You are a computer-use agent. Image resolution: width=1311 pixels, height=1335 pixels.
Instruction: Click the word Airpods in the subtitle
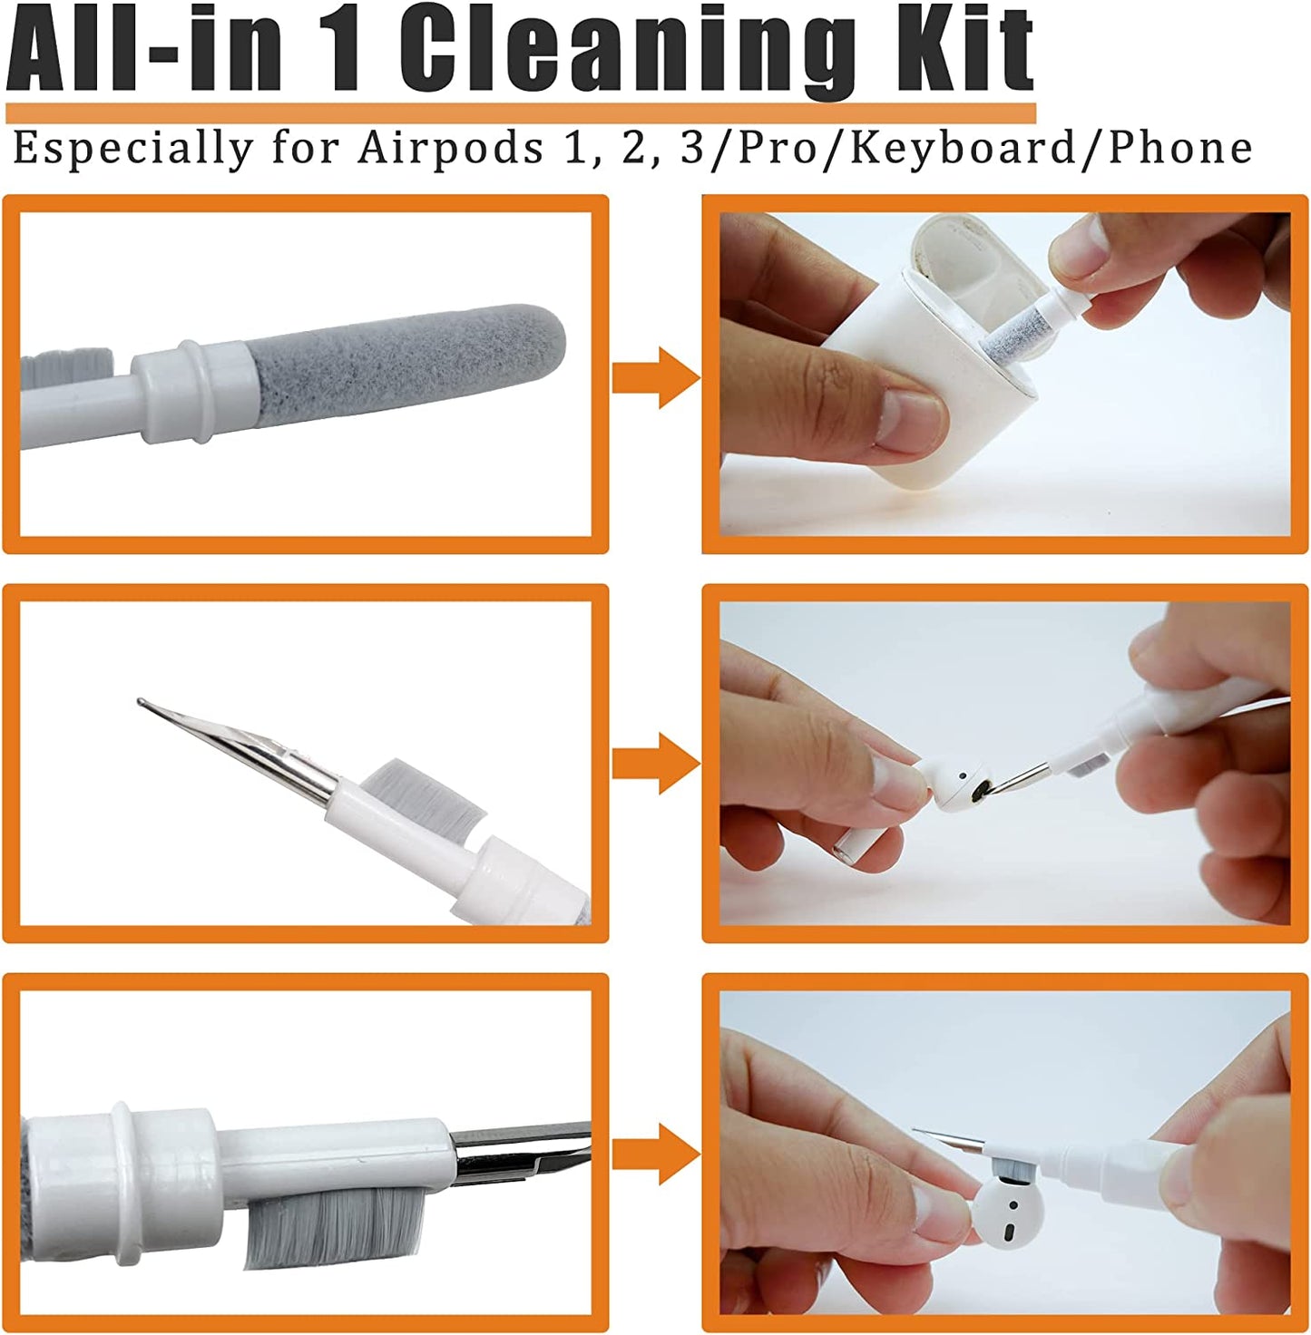click(x=450, y=148)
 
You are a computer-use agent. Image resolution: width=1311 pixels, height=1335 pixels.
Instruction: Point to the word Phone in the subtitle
click(x=1180, y=148)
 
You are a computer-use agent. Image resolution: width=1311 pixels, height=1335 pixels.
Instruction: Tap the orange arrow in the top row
click(x=655, y=376)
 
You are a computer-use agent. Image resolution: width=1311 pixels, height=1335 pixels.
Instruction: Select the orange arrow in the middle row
click(x=655, y=764)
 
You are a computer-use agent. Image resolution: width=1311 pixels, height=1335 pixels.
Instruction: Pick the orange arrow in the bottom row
click(x=655, y=1154)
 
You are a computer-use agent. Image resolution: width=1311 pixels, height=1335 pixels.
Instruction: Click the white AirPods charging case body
click(x=916, y=363)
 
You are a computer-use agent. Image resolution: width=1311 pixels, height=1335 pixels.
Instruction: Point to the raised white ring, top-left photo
click(x=193, y=390)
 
